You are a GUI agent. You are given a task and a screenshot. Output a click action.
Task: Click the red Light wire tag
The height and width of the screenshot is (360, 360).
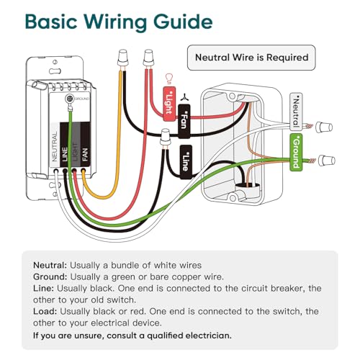coord(169,104)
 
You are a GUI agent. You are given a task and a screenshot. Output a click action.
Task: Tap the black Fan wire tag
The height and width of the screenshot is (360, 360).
coord(184,121)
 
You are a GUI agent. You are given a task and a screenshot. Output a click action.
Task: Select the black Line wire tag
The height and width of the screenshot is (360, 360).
coord(186,162)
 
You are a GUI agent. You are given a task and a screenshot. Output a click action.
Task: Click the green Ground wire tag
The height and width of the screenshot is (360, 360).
coord(296,153)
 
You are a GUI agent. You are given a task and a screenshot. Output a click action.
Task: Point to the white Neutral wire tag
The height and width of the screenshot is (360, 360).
coord(296,112)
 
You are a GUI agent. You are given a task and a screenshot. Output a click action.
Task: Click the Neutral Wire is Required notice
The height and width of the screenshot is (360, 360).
coord(251,58)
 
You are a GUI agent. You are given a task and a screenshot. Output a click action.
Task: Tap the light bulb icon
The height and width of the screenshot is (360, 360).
coord(169,78)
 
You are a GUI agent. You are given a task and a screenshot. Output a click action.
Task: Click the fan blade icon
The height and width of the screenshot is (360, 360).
coord(184,97)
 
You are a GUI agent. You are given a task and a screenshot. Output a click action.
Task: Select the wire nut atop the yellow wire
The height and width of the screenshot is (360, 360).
coord(122,58)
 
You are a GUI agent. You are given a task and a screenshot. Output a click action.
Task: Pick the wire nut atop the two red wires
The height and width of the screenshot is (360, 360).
coord(148,58)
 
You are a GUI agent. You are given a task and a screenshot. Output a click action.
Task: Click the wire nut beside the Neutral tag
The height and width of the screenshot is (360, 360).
coord(324,127)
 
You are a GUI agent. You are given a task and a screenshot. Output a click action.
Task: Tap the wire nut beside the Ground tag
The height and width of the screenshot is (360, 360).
coord(326,161)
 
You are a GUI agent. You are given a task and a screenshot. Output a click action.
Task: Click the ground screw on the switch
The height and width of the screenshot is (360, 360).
coord(70,99)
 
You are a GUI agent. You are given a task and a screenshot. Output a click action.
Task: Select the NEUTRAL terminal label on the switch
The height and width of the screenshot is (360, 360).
coord(55,146)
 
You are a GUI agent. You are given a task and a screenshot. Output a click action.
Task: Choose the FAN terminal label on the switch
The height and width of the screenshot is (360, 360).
coord(85,154)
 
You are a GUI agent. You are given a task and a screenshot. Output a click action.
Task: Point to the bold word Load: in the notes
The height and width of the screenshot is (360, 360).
coord(45,311)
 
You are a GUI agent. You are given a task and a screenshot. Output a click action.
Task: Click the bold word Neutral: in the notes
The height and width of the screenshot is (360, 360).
coord(50,265)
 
